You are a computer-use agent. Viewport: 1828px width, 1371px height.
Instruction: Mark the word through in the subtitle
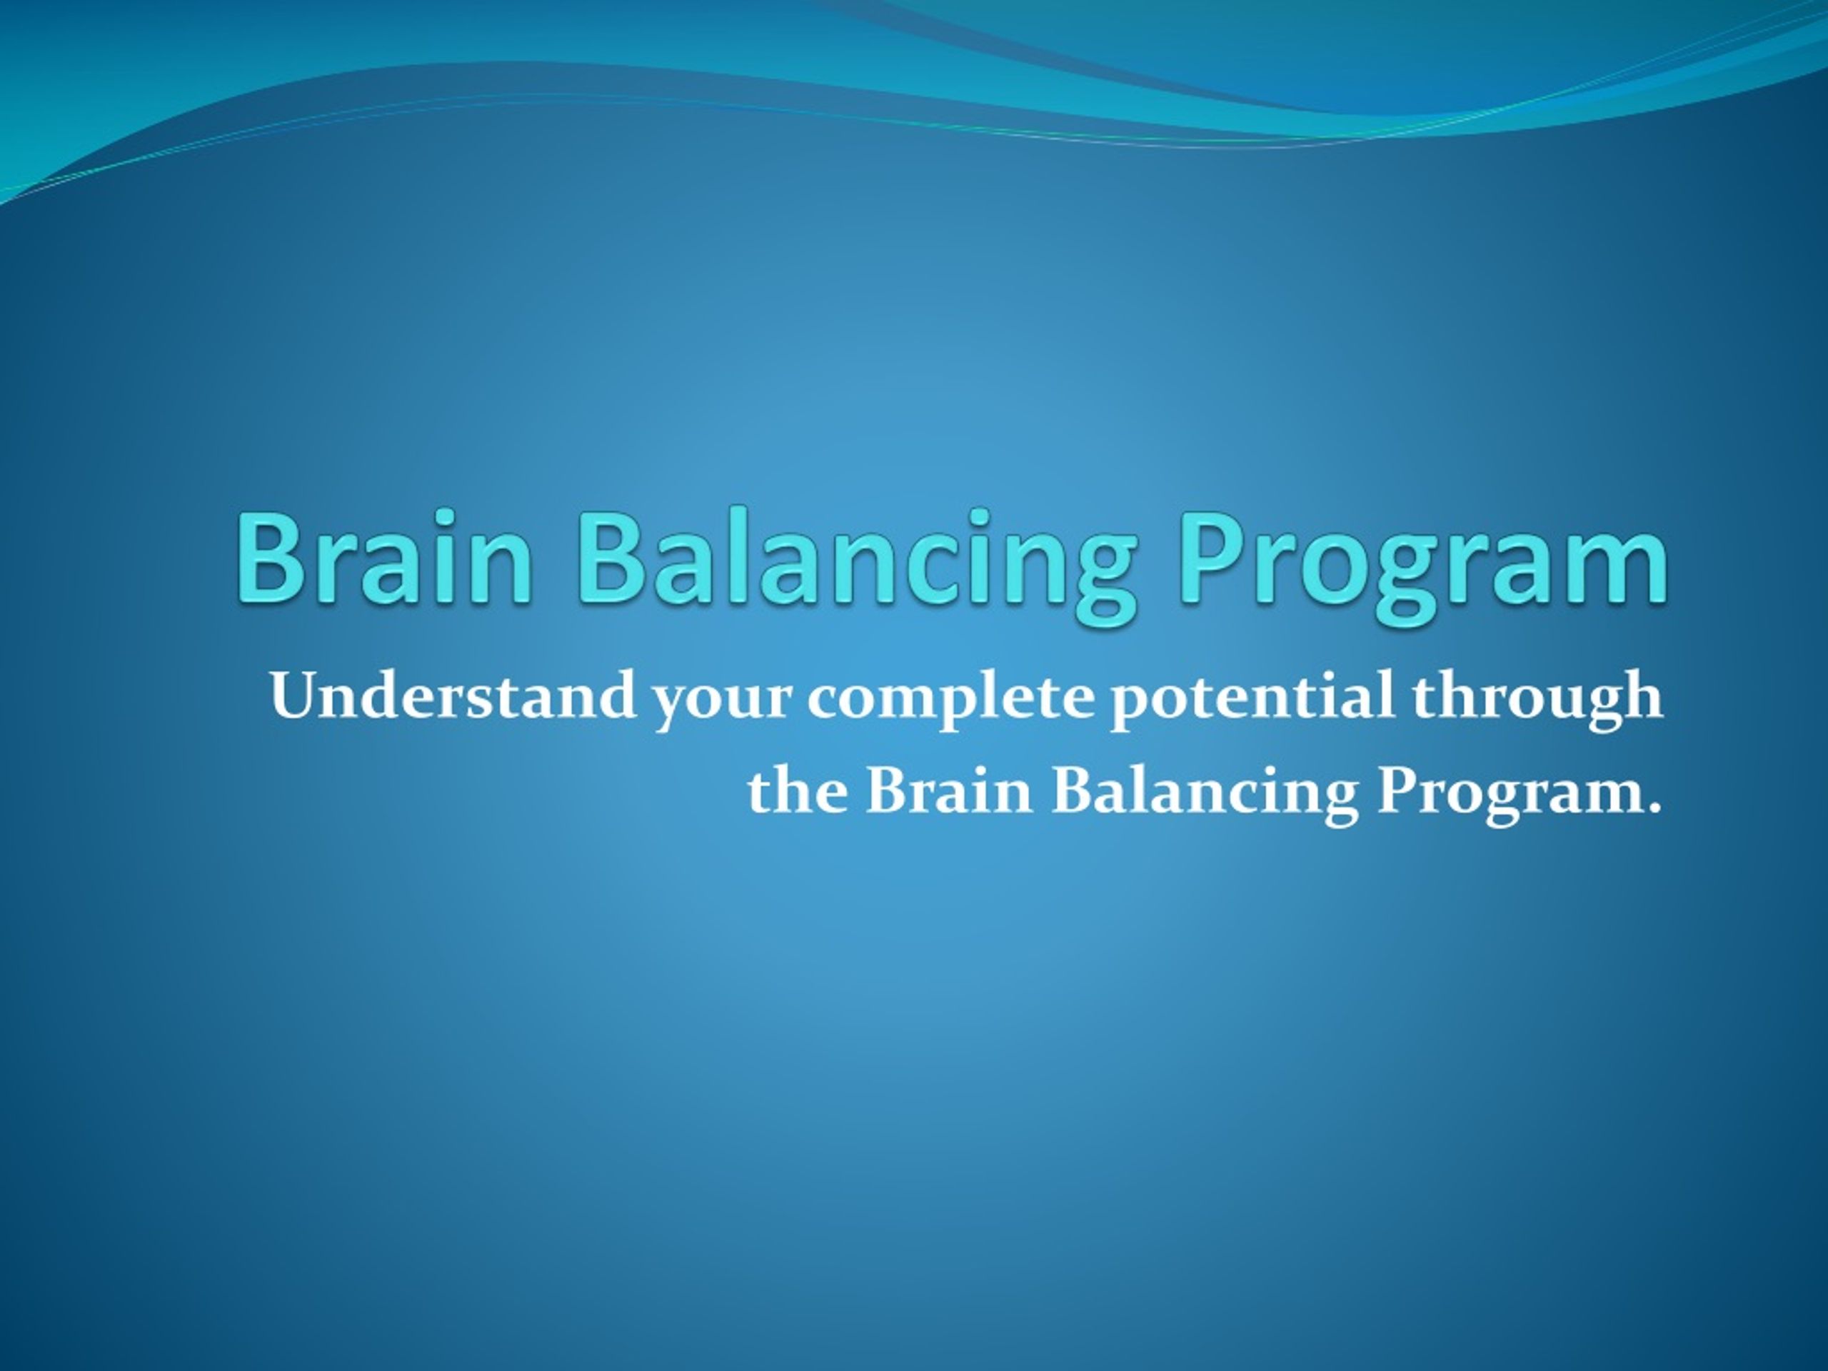1537,700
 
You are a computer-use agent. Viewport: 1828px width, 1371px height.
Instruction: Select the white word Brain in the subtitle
950,789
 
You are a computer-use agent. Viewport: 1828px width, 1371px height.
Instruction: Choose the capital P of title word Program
1213,556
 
